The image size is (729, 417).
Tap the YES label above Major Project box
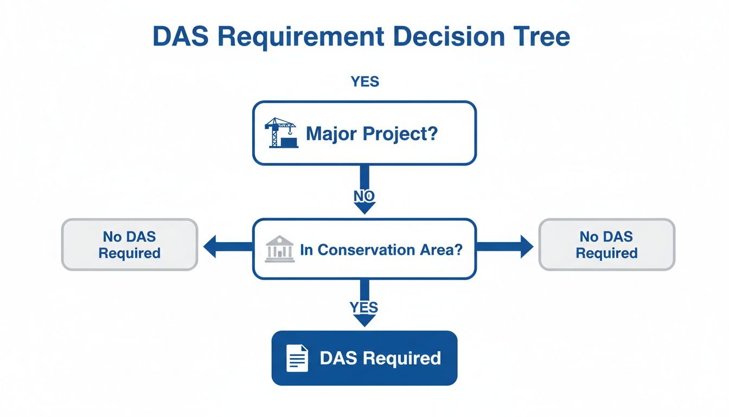click(364, 82)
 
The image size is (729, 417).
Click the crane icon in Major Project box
click(281, 133)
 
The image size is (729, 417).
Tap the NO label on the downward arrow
click(364, 196)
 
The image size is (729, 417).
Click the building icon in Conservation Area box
click(280, 249)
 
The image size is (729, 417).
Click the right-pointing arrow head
click(525, 247)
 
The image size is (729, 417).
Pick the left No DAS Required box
click(130, 245)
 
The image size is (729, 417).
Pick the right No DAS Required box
click(606, 245)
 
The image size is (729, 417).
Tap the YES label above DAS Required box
click(364, 307)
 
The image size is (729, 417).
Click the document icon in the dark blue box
click(297, 358)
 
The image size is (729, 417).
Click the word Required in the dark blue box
click(402, 358)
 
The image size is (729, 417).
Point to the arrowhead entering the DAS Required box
click(364, 320)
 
